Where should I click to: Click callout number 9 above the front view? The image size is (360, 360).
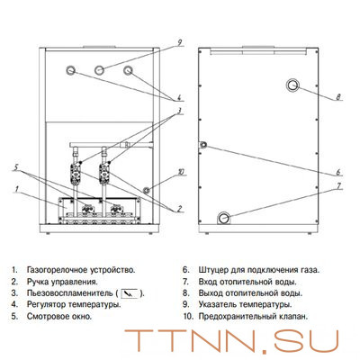click(x=179, y=42)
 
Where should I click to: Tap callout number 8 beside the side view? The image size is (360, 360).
click(x=338, y=97)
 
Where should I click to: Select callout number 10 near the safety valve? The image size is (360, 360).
click(x=181, y=172)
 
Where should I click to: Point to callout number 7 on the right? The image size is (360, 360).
click(x=338, y=186)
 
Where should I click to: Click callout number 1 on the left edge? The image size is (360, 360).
click(x=17, y=189)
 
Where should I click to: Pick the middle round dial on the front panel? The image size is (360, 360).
click(x=100, y=70)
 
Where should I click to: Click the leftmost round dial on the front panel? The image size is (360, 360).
click(x=71, y=70)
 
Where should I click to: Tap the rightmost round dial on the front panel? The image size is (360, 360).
click(x=128, y=70)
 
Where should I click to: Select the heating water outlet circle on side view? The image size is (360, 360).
click(x=292, y=85)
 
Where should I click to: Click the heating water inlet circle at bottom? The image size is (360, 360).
click(x=224, y=218)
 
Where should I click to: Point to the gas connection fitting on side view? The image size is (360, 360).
click(x=203, y=145)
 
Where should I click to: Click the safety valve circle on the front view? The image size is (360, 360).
click(x=147, y=190)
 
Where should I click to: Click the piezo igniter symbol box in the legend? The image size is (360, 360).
click(x=130, y=293)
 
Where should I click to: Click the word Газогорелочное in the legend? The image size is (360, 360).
click(x=57, y=270)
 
